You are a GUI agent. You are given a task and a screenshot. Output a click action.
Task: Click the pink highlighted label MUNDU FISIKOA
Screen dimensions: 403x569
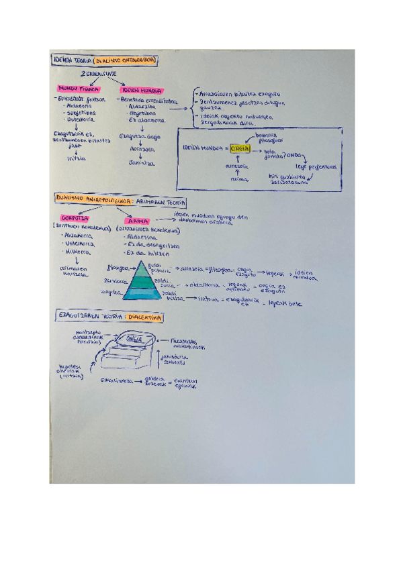79,89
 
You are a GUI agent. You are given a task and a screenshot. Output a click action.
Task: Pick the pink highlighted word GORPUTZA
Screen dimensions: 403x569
75,218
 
